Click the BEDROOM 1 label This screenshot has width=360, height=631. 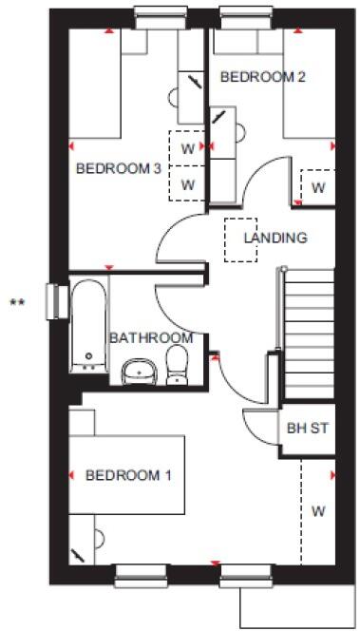point(128,474)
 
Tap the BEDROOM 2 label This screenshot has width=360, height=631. point(262,77)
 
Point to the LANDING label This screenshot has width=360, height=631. point(275,238)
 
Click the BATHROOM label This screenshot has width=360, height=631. point(150,337)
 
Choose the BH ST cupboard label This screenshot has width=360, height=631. point(307,428)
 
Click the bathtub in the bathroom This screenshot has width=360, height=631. point(89,324)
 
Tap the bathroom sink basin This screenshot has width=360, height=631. point(141,369)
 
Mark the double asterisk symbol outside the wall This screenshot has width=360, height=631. point(16,303)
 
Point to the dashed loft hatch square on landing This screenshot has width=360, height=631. point(241,238)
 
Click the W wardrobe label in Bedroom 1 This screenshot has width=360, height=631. point(317,511)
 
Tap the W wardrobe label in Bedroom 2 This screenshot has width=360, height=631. point(317,187)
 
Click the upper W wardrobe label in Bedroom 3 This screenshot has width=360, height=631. point(187,148)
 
